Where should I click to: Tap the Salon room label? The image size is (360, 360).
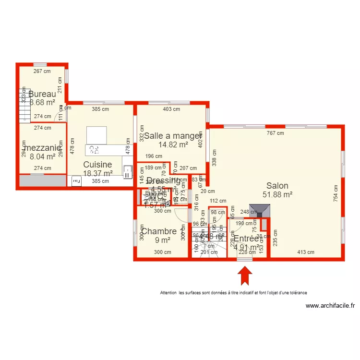click(277, 186)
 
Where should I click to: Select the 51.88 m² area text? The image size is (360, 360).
click(277, 195)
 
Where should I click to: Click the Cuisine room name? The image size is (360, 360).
click(97, 165)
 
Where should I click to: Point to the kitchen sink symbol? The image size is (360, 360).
click(127, 171)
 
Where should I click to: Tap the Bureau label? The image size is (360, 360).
click(42, 94)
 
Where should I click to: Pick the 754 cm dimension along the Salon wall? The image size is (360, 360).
click(336, 193)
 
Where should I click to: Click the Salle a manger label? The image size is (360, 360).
click(173, 135)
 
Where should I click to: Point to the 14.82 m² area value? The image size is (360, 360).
click(172, 144)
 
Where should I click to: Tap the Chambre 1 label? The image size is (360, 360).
click(162, 231)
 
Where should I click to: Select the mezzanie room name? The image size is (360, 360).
click(42, 148)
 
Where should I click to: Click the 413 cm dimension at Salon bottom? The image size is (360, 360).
click(305, 252)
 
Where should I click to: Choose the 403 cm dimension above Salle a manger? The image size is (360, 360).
click(171, 109)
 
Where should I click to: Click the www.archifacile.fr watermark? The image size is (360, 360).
click(330, 305)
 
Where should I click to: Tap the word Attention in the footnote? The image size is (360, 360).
click(168, 292)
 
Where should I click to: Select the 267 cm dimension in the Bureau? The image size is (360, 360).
click(42, 72)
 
